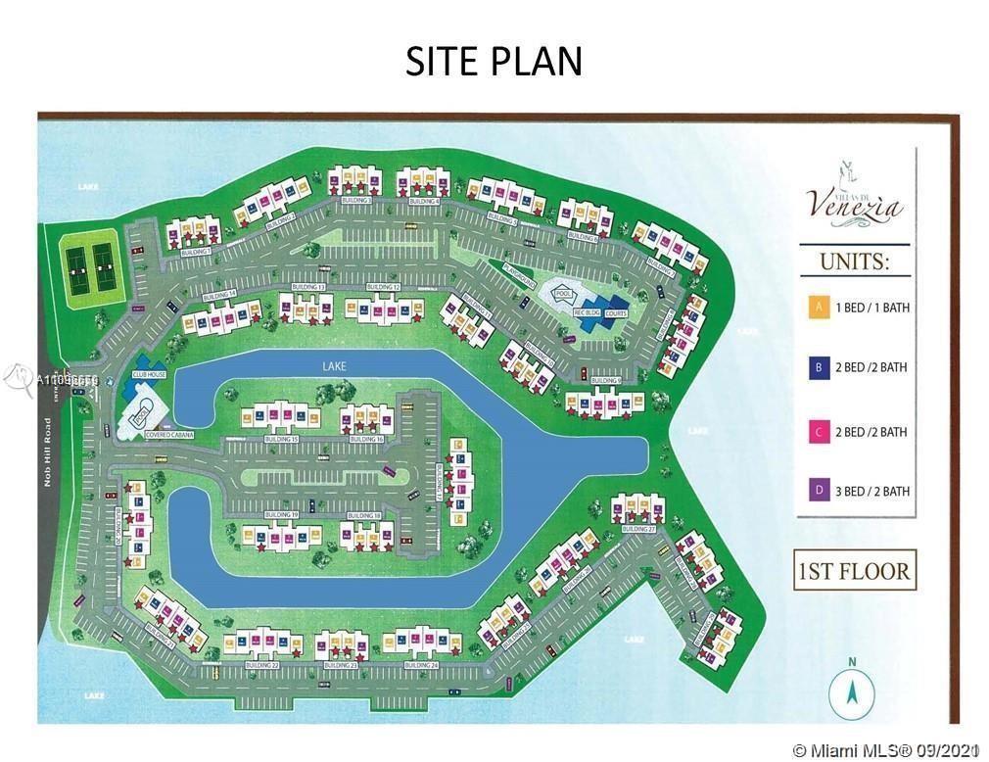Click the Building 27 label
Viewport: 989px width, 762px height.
[637, 529]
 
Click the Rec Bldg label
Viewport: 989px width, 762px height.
[586, 313]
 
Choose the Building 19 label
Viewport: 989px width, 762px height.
[280, 514]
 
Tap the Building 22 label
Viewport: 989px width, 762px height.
[261, 665]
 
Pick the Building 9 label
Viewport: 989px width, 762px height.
[606, 380]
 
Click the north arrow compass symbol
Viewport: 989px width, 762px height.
[852, 693]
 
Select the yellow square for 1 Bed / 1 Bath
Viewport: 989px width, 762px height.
[818, 307]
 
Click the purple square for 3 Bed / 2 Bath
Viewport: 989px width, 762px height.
[818, 491]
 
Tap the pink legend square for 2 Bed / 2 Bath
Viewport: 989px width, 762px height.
[818, 431]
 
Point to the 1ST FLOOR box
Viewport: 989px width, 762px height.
[853, 570]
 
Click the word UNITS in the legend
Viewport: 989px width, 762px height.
[854, 263]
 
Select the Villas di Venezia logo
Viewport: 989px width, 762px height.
[855, 201]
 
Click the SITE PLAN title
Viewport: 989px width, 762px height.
[494, 61]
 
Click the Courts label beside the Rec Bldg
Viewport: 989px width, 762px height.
[616, 313]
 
